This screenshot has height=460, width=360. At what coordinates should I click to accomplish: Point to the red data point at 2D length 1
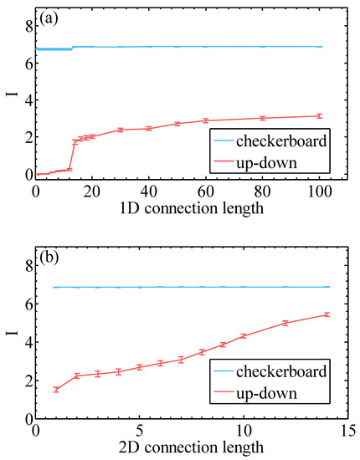56,389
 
